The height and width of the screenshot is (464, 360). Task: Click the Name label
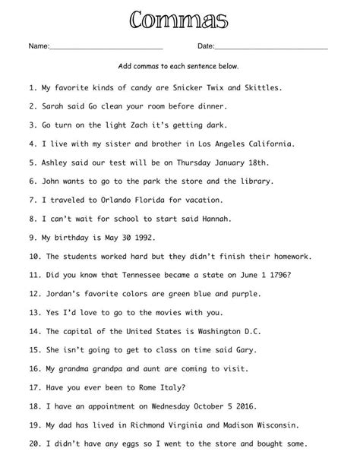pyautogui.click(x=39, y=47)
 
